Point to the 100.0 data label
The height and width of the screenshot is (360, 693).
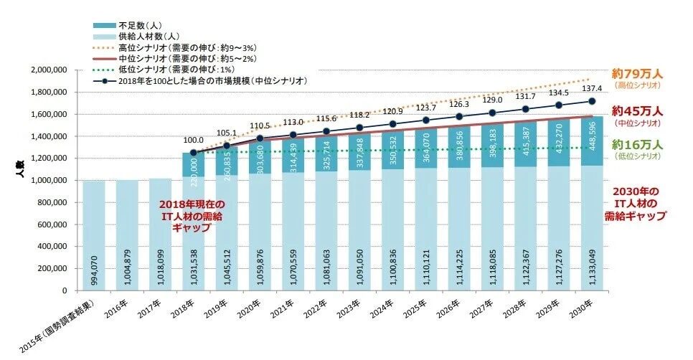[193, 141]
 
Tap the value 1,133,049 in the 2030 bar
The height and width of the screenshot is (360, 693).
[592, 261]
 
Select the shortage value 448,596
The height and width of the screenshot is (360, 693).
[592, 140]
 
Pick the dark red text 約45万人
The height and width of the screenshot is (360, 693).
[637, 111]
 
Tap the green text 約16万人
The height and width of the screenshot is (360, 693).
[637, 146]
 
